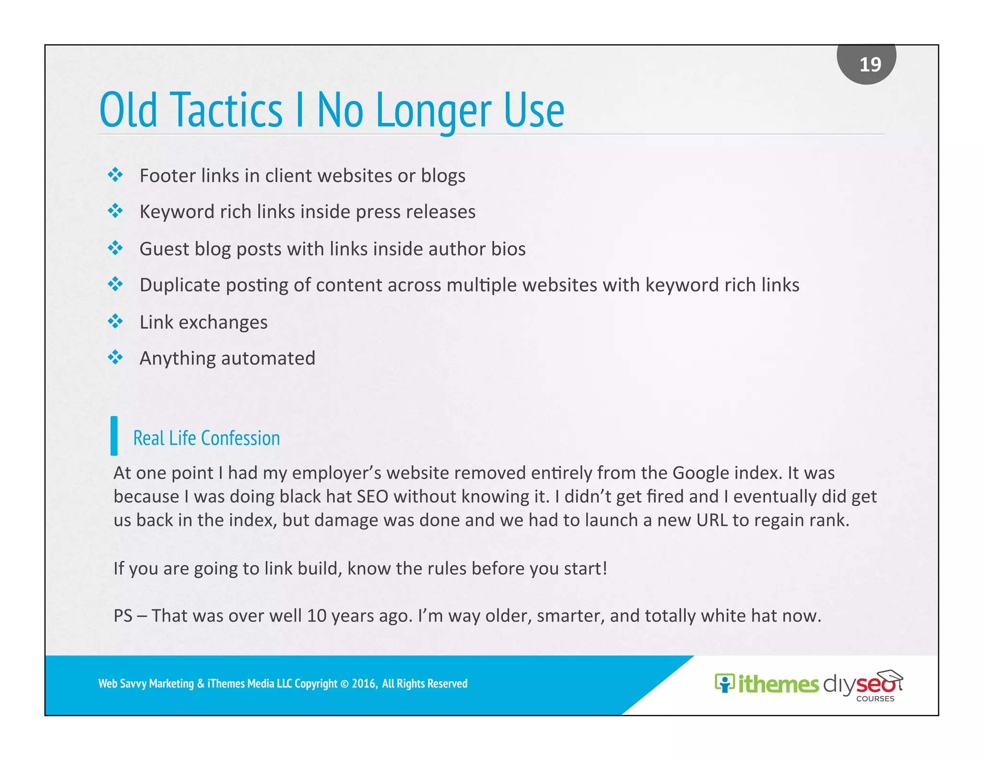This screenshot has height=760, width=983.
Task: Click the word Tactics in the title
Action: tap(226, 110)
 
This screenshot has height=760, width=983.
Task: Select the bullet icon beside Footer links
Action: tap(115, 175)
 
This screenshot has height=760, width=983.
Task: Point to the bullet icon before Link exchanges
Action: tap(115, 321)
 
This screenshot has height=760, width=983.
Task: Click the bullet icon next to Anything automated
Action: tap(115, 357)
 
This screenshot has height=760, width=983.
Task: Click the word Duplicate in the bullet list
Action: tap(180, 285)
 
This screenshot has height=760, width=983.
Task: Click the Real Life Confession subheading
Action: tap(206, 438)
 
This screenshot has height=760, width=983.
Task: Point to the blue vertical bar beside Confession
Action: tap(114, 436)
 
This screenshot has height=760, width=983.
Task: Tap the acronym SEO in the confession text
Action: tap(372, 497)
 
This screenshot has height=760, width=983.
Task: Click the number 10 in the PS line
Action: tap(316, 616)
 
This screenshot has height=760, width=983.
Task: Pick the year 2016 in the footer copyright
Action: tap(364, 684)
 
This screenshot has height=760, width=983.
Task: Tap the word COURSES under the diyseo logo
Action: tap(875, 699)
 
